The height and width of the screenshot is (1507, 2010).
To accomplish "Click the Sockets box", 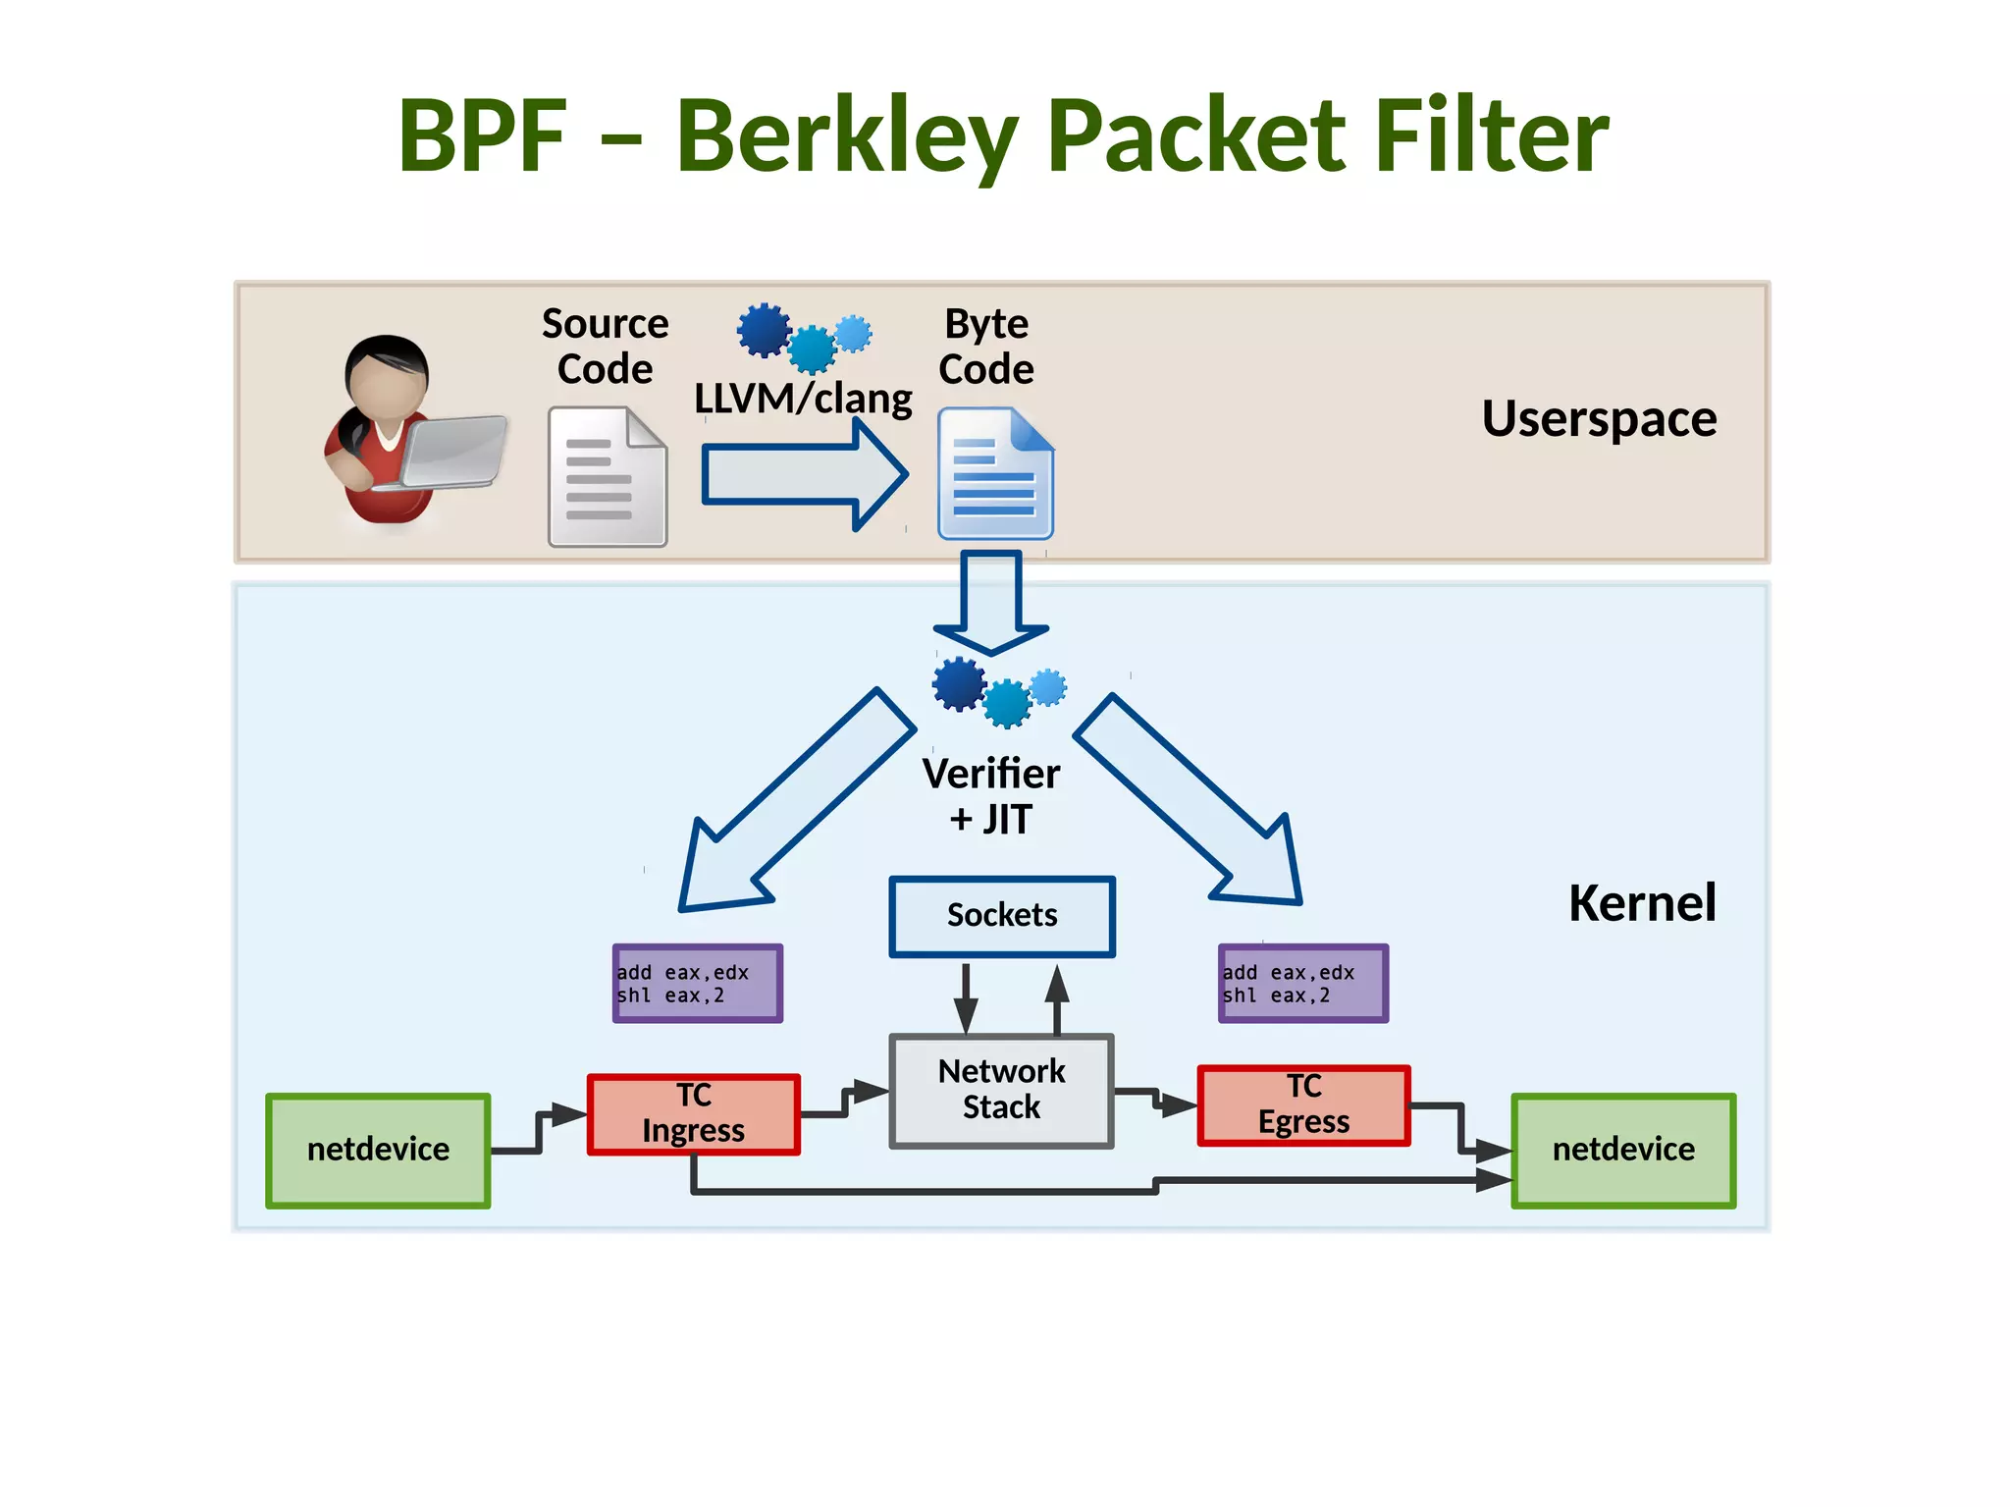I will (x=1001, y=916).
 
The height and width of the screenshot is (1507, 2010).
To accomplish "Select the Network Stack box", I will (x=1001, y=1090).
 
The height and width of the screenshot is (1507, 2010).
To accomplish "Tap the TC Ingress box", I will (x=693, y=1114).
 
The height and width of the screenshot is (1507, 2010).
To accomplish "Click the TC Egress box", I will (x=1303, y=1105).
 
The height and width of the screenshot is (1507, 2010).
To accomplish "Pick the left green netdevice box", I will (x=378, y=1150).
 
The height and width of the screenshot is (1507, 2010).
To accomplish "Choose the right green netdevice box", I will (x=1623, y=1150).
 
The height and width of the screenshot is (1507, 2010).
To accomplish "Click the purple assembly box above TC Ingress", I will (x=697, y=984).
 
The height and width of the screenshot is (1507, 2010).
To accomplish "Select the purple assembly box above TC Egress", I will (x=1302, y=984).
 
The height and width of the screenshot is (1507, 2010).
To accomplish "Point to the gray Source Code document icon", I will (x=607, y=478).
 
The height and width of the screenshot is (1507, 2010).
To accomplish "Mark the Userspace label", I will (x=1599, y=419).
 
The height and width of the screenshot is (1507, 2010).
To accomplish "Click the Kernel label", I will (x=1641, y=903).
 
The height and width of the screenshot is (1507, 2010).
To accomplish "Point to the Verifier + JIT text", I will (x=991, y=796).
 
